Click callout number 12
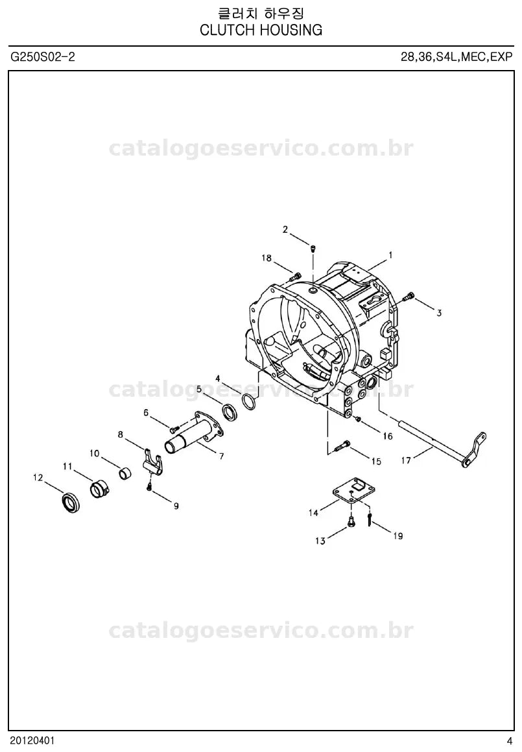(x=38, y=478)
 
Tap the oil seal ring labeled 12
(x=71, y=502)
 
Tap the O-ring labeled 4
(x=248, y=401)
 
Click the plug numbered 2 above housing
(x=313, y=248)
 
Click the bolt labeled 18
(x=295, y=276)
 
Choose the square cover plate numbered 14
(x=354, y=489)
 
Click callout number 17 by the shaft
(x=406, y=460)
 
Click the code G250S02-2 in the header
(x=43, y=57)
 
